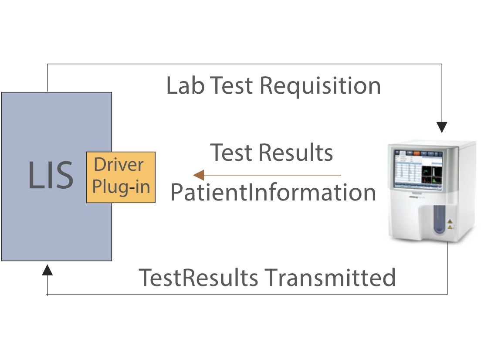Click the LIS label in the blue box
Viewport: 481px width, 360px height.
tap(51, 175)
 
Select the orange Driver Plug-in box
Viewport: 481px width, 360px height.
tap(121, 177)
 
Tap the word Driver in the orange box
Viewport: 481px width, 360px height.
tap(119, 165)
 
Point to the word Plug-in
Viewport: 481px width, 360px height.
tap(122, 187)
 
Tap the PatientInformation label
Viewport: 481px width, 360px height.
tap(273, 192)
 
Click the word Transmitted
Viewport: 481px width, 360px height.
tap(330, 277)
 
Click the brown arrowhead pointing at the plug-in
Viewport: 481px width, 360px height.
tap(199, 175)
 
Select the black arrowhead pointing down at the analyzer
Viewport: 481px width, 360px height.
tap(442, 127)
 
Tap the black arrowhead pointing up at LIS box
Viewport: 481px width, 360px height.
tap(47, 270)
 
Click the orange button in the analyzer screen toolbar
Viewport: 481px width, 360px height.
tap(417, 153)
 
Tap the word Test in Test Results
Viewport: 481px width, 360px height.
tap(231, 153)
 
